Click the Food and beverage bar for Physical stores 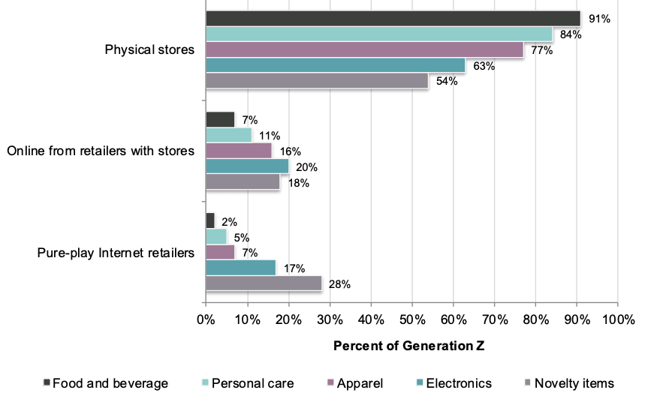tap(392, 18)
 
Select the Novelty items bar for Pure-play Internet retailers tap(263, 283)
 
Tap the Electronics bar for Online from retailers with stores tap(246, 166)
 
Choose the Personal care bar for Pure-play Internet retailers tap(216, 236)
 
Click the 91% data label tap(599, 19)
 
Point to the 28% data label tap(339, 284)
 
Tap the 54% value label tap(446, 81)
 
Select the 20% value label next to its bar tap(306, 166)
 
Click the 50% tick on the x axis tap(411, 319)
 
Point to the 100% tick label tap(616, 319)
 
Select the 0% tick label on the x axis tap(206, 319)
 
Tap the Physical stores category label tap(149, 49)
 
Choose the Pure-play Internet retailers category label tap(116, 252)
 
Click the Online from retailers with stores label tap(101, 151)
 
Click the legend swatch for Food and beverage tap(47, 382)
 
